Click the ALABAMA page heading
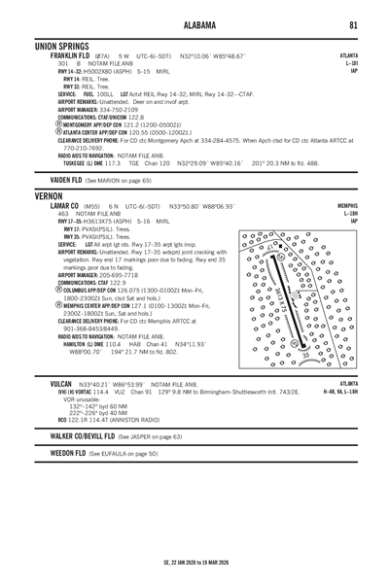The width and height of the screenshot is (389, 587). coord(194,24)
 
